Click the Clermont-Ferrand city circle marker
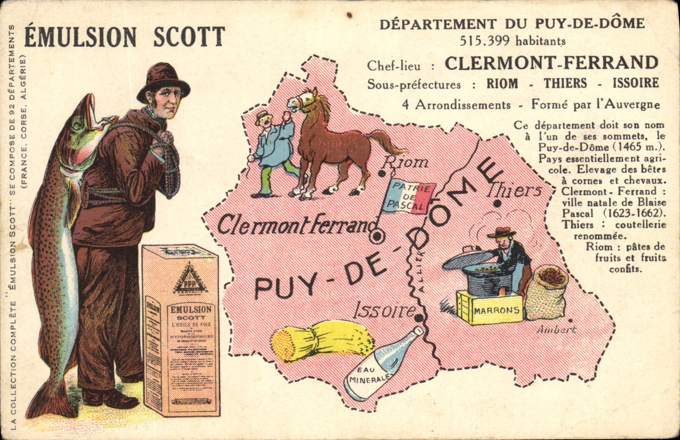click(377, 237)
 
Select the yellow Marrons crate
click(490, 307)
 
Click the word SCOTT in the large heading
click(189, 37)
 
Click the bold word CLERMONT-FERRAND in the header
click(552, 63)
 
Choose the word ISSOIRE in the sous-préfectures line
click(636, 84)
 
